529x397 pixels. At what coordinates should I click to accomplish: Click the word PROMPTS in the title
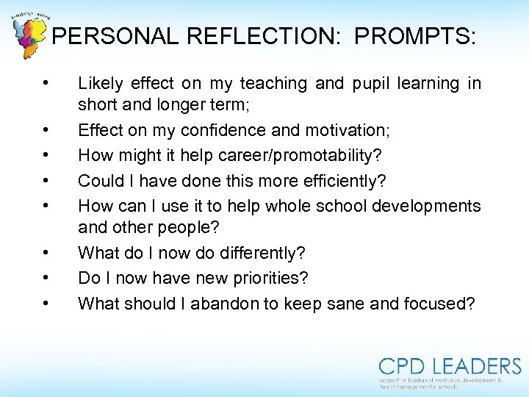click(414, 37)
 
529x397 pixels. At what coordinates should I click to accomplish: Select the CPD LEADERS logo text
click(450, 366)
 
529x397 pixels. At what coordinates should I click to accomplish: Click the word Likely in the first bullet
click(100, 84)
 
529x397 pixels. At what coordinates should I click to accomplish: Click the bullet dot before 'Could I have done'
click(46, 180)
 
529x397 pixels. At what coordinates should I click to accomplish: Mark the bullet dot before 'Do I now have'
click(46, 278)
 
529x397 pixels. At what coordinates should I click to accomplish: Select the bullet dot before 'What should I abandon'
click(46, 303)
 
